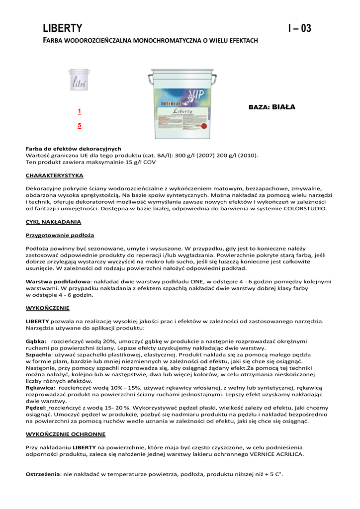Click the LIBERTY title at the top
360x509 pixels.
(x=62, y=28)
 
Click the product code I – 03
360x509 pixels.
(x=300, y=28)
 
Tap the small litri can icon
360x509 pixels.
(x=79, y=80)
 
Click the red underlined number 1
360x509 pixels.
(x=80, y=111)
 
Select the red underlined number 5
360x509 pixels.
(x=80, y=126)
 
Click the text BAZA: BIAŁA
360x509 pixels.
(x=271, y=107)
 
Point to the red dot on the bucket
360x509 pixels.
(x=203, y=126)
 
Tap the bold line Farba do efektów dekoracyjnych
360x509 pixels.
(x=73, y=149)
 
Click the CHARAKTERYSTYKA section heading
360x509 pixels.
(x=55, y=175)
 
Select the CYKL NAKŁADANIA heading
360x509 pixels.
(x=53, y=222)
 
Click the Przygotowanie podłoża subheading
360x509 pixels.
(x=60, y=235)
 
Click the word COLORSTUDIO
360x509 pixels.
(x=305, y=209)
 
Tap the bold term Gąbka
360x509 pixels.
(x=36, y=341)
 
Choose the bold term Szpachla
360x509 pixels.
(x=38, y=354)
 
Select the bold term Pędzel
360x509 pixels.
(x=35, y=408)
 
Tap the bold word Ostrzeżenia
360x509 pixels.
(x=43, y=475)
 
